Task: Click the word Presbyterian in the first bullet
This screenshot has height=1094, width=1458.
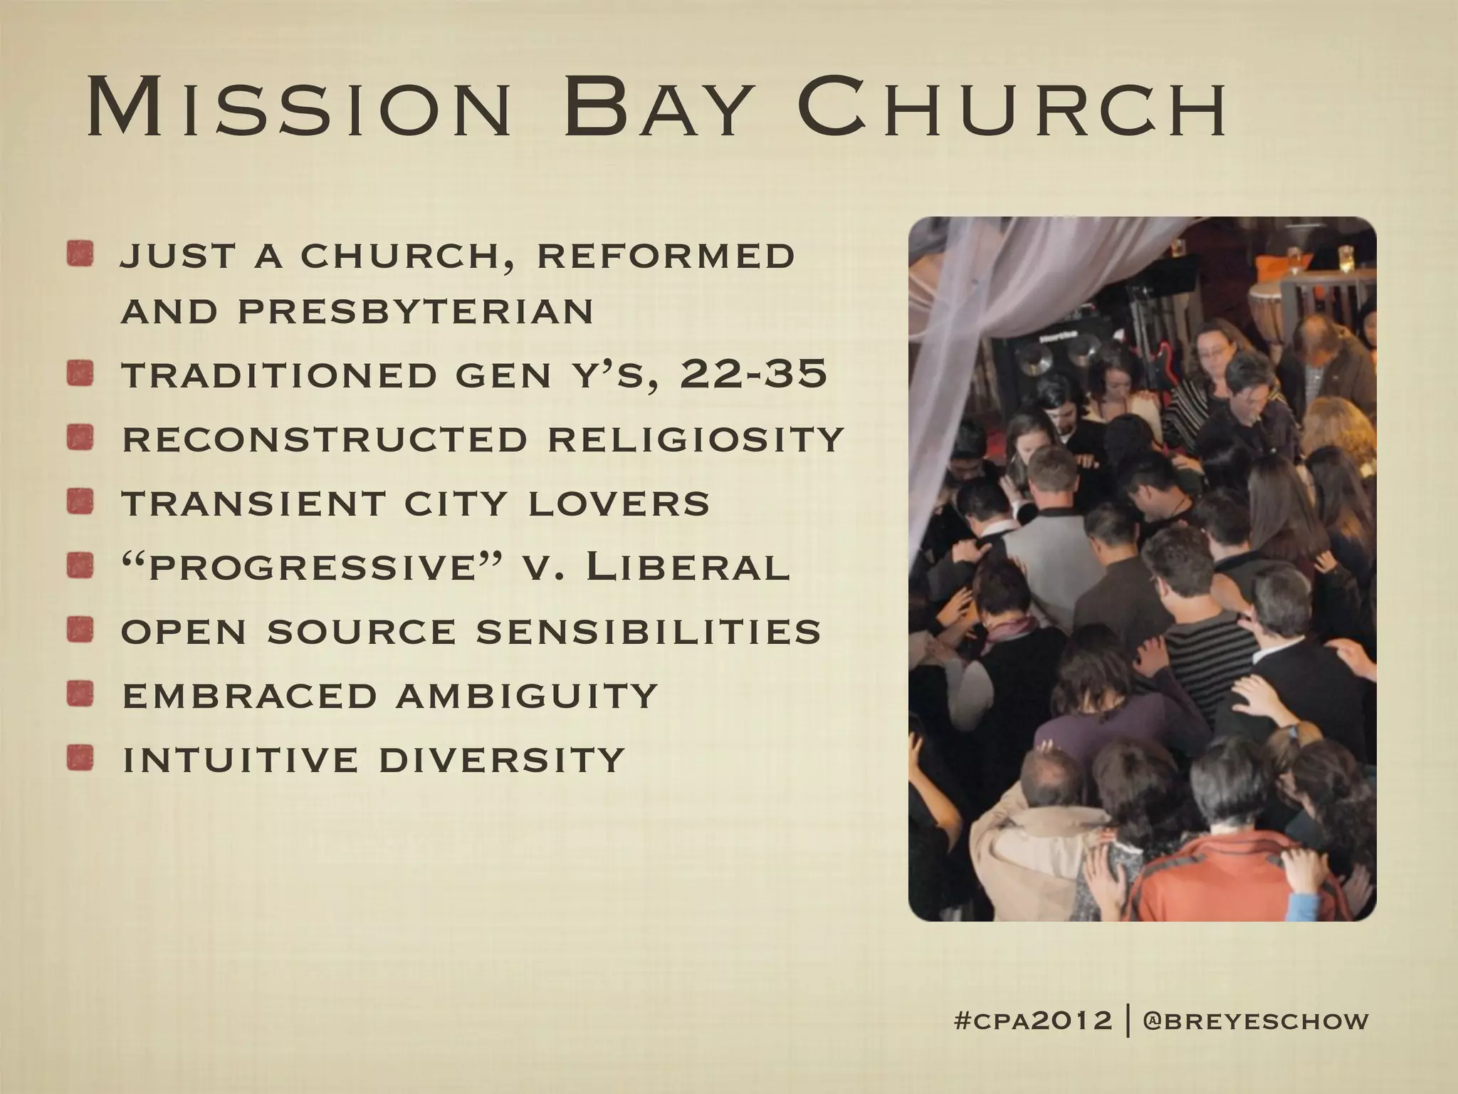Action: click(416, 311)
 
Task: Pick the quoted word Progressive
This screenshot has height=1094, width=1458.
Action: click(306, 568)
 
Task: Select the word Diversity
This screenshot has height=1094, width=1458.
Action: click(501, 759)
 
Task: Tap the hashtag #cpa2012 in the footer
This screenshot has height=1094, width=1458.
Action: click(1032, 1021)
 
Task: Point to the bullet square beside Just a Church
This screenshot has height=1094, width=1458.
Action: click(80, 255)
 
